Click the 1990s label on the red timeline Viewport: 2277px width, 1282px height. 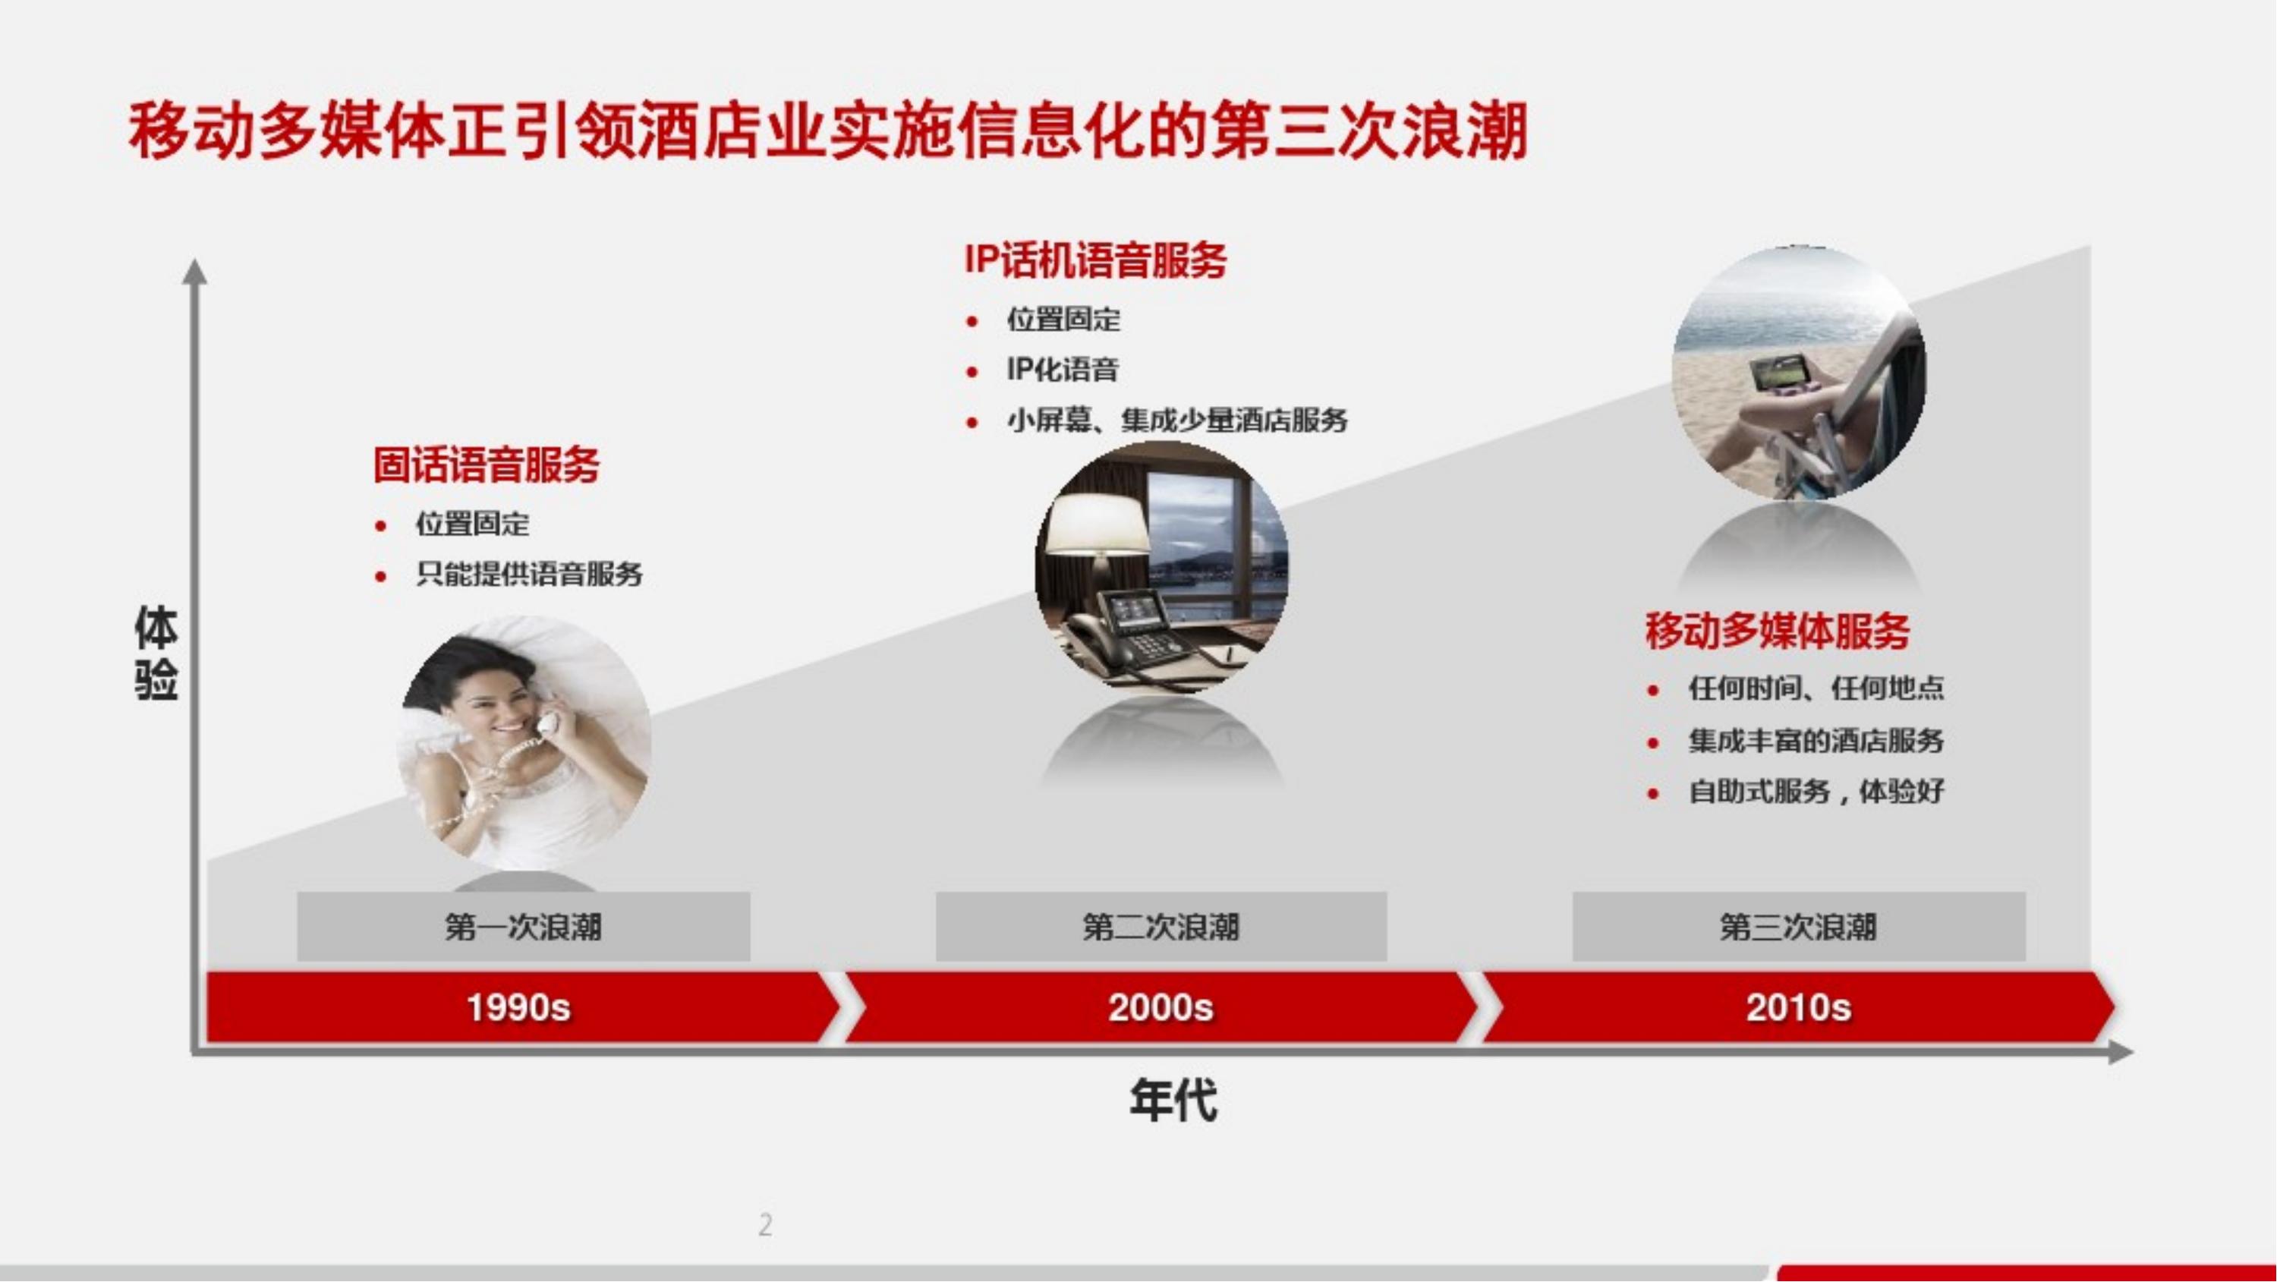519,1008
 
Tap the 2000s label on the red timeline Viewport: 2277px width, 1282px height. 1161,1008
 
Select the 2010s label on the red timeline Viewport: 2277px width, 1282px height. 1799,1008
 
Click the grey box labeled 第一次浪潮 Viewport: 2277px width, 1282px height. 523,927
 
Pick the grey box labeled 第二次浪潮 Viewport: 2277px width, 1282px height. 1161,927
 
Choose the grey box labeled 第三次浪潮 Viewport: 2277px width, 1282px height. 1799,927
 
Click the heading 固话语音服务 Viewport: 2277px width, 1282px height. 487,466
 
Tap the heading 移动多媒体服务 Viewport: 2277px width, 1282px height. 1778,631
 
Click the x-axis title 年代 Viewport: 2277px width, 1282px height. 1173,1101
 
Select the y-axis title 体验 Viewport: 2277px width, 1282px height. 156,654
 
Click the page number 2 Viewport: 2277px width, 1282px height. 766,1224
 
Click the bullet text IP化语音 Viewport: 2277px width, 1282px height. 1063,370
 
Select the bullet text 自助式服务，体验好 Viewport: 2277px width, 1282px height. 1816,792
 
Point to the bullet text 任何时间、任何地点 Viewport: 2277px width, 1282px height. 1816,688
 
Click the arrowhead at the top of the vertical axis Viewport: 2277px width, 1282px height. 194,272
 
